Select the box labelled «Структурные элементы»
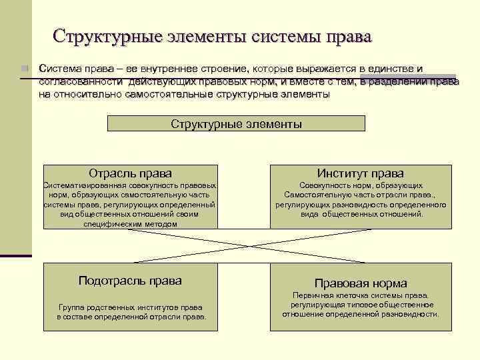236,124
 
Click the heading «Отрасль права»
130,173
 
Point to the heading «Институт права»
360,173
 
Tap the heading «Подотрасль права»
130,281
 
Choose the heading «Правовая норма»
360,283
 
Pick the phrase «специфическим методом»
130,225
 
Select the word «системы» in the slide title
279,36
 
